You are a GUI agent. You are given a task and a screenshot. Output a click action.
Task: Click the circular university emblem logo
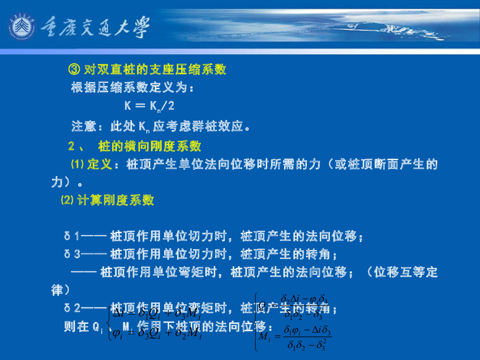[21, 28]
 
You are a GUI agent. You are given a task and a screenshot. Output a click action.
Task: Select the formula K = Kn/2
[150, 106]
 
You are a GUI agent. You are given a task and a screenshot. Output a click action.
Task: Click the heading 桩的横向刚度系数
[150, 146]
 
